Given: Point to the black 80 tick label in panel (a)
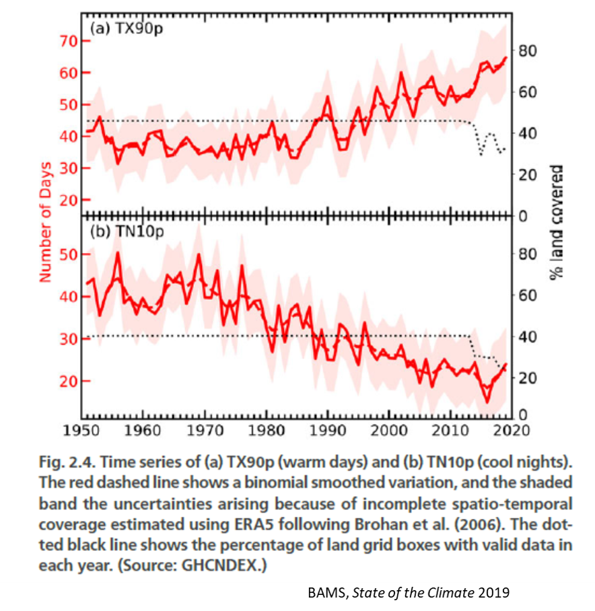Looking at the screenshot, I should pos(527,51).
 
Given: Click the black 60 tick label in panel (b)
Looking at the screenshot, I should pos(527,296).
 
